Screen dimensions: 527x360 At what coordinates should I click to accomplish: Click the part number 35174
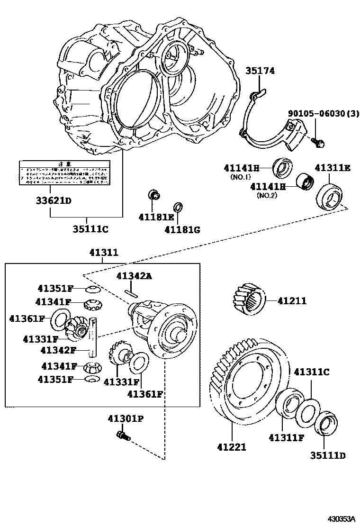(260, 72)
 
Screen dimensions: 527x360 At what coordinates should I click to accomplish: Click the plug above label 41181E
(153, 194)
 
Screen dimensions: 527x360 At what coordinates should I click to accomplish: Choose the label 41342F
(58, 350)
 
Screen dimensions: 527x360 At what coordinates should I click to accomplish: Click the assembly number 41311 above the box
(104, 253)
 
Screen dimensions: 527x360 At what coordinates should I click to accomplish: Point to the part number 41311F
(286, 437)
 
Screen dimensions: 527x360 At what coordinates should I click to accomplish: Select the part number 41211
(292, 300)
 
